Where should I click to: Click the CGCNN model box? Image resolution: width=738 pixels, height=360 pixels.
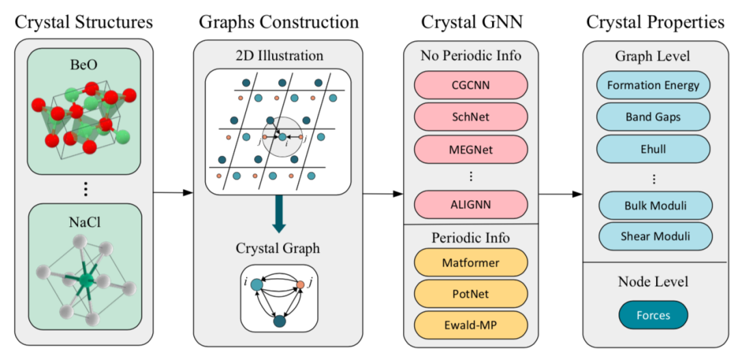click(471, 85)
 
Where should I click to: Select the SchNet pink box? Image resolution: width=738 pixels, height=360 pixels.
click(471, 116)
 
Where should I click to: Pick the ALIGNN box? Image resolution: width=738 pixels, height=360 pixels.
click(471, 204)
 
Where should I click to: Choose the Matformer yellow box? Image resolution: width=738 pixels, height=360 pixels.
click(471, 262)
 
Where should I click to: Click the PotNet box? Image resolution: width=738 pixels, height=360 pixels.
click(471, 294)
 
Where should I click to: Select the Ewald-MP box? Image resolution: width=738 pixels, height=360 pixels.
click(471, 324)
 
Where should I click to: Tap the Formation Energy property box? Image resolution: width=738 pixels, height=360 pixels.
click(653, 85)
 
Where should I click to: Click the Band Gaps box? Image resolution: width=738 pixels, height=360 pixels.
click(653, 117)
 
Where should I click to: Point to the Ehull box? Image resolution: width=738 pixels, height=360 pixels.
click(653, 148)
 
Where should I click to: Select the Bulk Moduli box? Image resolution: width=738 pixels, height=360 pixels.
click(655, 205)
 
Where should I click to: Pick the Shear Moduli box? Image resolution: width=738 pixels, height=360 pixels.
click(655, 236)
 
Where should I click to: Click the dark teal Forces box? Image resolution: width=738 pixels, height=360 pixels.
click(653, 315)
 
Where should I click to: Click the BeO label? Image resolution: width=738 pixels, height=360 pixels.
click(84, 64)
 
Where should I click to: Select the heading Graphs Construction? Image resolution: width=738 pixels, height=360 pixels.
click(279, 22)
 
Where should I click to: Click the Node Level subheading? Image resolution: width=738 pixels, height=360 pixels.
click(653, 281)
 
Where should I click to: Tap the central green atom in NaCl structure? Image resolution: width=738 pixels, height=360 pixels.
click(86, 281)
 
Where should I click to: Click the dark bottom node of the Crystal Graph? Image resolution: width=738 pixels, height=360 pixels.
click(279, 320)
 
